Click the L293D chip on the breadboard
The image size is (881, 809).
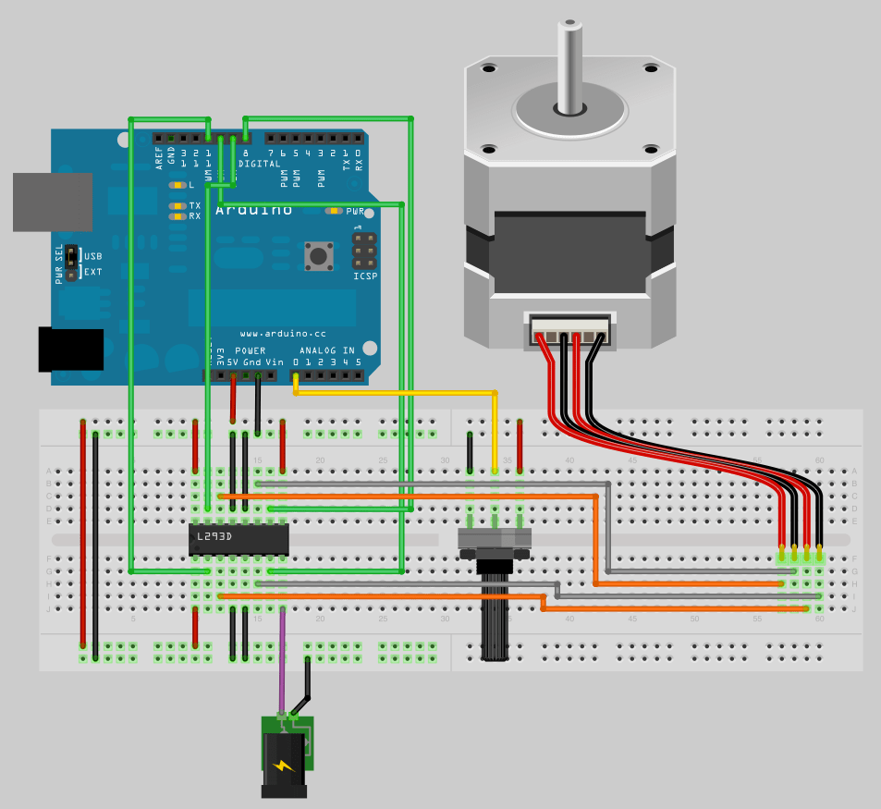point(239,539)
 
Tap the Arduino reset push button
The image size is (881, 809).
point(319,255)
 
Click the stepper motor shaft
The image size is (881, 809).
point(570,65)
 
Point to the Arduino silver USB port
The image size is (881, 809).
point(52,202)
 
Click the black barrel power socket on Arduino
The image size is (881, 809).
point(70,349)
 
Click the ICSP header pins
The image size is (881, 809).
point(364,251)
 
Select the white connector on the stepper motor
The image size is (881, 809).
point(569,329)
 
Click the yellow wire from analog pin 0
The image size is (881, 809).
point(398,394)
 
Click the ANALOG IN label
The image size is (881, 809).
point(327,350)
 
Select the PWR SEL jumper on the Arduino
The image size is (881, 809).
point(71,263)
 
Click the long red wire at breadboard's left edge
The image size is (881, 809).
point(83,536)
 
